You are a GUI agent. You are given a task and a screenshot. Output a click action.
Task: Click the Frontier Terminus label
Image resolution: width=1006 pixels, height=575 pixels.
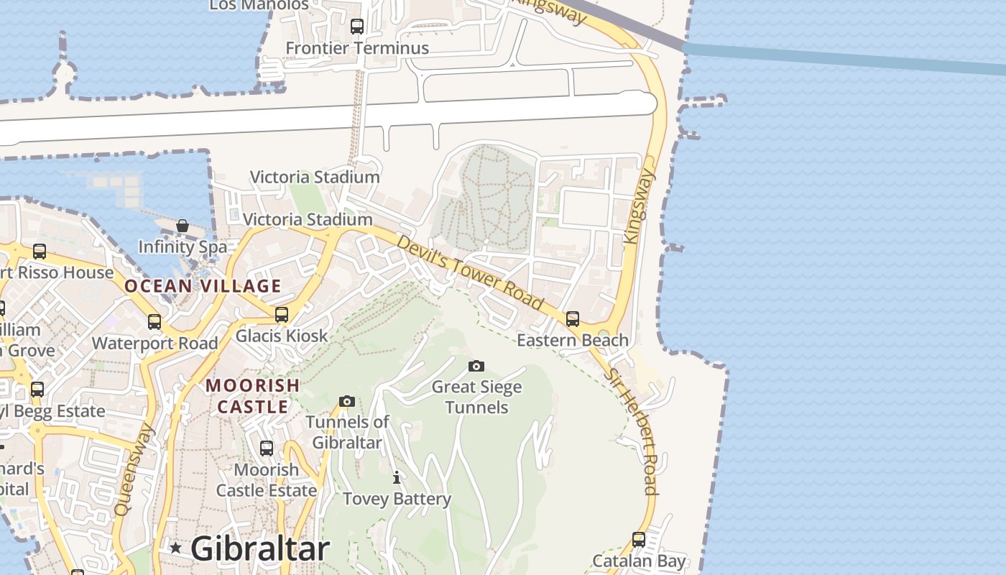357,48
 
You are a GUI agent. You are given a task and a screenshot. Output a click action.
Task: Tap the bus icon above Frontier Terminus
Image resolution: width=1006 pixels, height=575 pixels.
357,27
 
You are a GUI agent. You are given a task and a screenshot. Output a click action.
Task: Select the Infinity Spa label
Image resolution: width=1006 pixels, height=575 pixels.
183,247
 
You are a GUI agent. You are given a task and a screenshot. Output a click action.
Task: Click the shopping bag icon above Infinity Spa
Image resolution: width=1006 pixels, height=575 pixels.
183,226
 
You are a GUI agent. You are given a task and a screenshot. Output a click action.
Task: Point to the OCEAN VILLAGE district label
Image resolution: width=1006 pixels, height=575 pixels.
203,286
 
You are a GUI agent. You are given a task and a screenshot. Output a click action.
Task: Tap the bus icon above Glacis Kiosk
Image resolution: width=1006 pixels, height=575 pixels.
282,315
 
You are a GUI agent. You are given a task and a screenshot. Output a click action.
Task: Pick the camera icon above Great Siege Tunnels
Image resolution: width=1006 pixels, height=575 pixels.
476,367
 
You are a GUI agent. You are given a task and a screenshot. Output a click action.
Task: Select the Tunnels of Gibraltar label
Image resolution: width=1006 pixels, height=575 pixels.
347,432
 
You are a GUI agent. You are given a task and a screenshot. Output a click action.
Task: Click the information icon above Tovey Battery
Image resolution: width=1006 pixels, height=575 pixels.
396,477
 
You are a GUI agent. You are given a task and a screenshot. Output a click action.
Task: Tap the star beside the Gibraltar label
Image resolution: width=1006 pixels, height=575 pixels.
175,548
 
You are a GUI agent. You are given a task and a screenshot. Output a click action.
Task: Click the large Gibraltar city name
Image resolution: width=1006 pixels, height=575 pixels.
260,548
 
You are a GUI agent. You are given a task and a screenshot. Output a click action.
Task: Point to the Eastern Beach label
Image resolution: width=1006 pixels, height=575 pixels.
573,340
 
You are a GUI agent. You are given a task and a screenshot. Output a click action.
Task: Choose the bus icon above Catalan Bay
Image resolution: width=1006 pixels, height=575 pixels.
639,539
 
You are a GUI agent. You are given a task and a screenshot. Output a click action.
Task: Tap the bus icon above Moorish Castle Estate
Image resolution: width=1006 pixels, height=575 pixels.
267,448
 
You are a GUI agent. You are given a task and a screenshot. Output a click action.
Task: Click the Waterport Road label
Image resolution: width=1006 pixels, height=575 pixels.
154,343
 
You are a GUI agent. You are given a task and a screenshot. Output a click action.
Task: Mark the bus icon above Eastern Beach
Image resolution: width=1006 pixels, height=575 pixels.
573,318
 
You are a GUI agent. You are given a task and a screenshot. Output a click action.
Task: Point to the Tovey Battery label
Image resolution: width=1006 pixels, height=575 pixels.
397,499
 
